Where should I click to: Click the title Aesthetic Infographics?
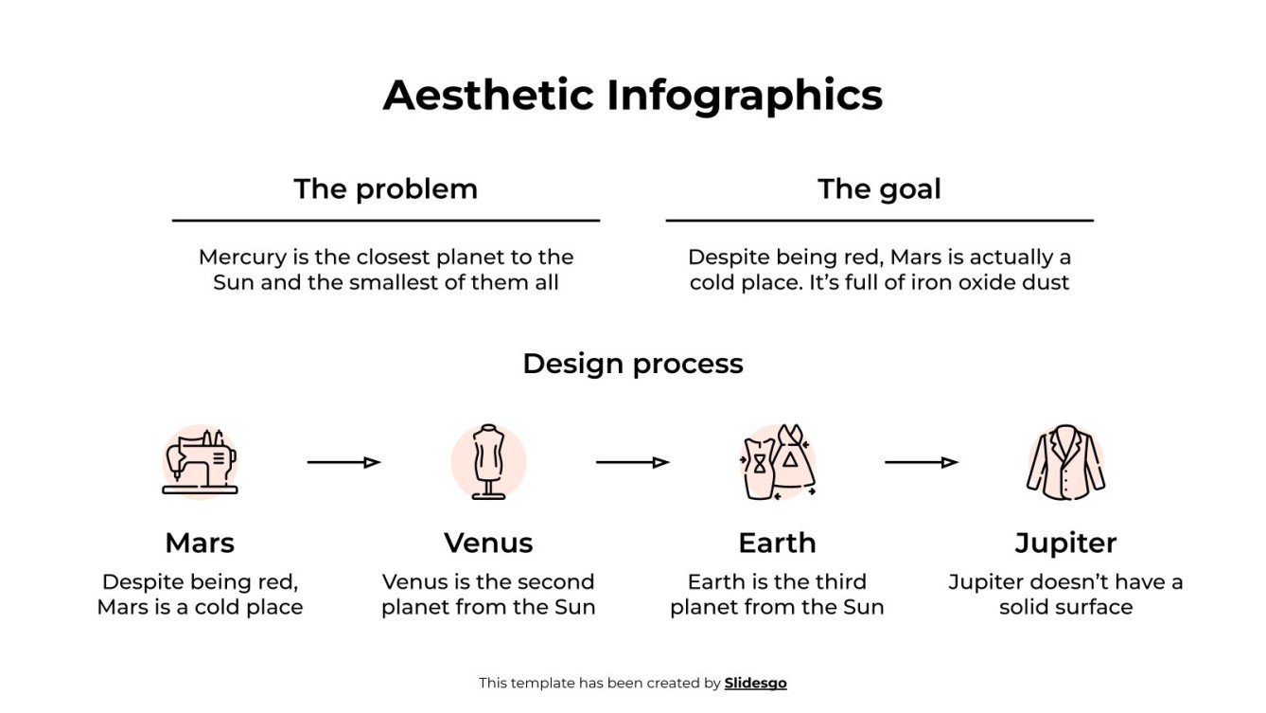point(632,96)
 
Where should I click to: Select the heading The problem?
point(385,188)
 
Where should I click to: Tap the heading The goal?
point(879,188)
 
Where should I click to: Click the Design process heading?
point(632,364)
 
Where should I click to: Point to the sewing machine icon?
point(200,462)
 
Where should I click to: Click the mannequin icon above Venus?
point(488,462)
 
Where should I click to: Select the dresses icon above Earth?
point(778,462)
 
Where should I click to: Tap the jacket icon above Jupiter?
point(1065,462)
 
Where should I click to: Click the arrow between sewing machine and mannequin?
point(343,462)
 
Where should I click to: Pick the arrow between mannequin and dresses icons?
point(632,462)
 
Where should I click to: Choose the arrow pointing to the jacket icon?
point(921,462)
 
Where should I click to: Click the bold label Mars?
point(200,543)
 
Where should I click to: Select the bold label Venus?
point(488,543)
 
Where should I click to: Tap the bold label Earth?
point(777,543)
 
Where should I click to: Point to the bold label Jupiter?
point(1065,543)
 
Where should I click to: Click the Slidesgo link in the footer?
point(755,683)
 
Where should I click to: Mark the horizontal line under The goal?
point(879,221)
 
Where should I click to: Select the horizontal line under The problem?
point(385,221)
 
